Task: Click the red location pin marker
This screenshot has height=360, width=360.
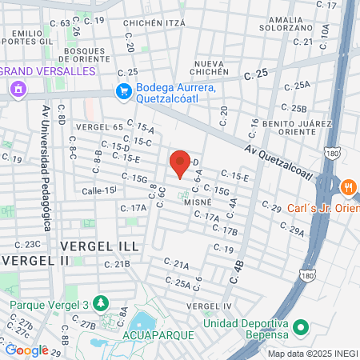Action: pos(180,164)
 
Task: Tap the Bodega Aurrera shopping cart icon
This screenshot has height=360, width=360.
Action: pos(123,91)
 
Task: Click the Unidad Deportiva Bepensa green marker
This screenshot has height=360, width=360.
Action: pos(302,328)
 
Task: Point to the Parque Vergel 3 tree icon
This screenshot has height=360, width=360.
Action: pos(101,303)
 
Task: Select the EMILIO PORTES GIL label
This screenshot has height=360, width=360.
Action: pos(27,38)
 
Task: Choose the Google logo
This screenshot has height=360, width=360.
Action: pos(26,350)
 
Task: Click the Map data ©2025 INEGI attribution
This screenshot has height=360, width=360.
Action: pos(312,354)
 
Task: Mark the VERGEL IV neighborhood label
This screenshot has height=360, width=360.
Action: pos(208,306)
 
